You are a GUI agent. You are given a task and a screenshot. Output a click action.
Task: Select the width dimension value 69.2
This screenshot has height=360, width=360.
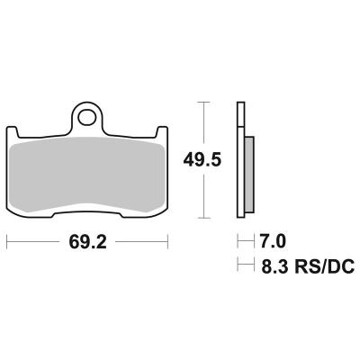87,242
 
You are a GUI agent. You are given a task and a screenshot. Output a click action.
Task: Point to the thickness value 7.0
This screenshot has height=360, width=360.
273,242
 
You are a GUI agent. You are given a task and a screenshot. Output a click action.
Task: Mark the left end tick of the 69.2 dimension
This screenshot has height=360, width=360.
8,242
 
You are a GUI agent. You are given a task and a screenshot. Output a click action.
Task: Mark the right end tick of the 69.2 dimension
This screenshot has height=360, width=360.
168,242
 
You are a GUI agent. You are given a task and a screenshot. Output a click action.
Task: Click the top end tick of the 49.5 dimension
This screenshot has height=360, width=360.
206,103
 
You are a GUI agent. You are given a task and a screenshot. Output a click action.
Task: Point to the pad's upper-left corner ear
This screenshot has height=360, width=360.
14,133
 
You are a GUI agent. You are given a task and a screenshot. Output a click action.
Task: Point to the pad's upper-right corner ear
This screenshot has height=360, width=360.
161,133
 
